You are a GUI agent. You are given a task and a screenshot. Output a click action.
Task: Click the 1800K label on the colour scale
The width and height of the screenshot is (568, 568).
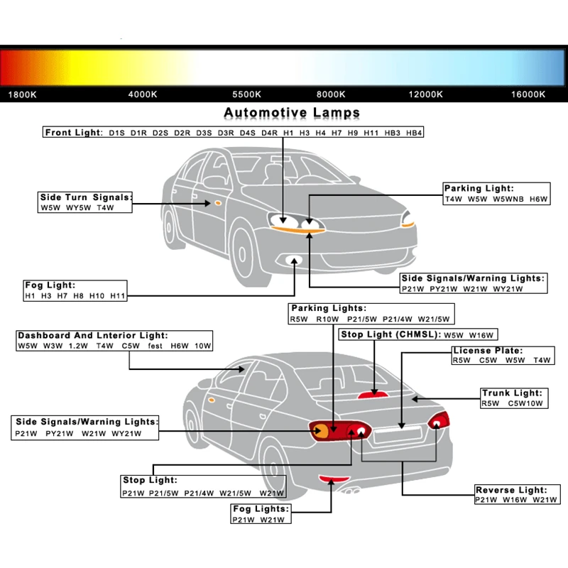pos(23,95)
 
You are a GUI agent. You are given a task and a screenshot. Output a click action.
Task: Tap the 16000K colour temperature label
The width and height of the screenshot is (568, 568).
pos(528,94)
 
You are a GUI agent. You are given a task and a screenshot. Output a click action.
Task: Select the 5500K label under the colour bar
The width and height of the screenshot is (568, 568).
pos(246,94)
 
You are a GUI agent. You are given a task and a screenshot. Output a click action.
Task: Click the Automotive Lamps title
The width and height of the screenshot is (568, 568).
pos(292,113)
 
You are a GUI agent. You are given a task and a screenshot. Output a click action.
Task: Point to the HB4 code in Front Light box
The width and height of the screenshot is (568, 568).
pos(414,133)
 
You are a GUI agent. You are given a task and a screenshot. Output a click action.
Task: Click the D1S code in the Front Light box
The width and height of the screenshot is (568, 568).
pos(116,133)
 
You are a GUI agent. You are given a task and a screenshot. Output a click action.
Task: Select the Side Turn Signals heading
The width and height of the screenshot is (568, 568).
pos(86,197)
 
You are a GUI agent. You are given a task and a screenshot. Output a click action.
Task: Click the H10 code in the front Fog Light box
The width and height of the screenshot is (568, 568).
pos(97,296)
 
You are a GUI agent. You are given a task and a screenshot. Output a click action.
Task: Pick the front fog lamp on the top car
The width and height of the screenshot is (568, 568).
pos(294,260)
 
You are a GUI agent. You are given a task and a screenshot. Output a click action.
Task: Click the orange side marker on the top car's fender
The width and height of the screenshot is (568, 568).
pos(218,203)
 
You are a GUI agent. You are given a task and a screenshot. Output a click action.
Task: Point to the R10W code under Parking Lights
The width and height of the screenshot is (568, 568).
pos(327,319)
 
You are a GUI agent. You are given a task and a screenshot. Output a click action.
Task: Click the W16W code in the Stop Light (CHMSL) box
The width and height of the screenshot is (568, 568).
pos(481,335)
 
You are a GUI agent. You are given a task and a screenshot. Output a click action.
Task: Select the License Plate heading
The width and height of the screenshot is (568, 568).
pos(488,351)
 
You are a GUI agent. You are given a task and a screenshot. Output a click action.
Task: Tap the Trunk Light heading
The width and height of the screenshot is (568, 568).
pos(512,393)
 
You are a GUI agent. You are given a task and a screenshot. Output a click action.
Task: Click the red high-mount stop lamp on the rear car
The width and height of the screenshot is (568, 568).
pos(373,395)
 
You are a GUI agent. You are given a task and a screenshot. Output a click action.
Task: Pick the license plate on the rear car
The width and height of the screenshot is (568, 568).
pos(398,435)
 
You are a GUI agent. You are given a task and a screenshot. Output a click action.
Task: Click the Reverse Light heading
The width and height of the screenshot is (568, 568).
pos(511,490)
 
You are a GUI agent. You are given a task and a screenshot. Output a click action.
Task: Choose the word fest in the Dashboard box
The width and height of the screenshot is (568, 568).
pos(155,346)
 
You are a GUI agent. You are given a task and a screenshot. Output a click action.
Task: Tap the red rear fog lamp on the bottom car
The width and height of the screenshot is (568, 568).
pos(334,479)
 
